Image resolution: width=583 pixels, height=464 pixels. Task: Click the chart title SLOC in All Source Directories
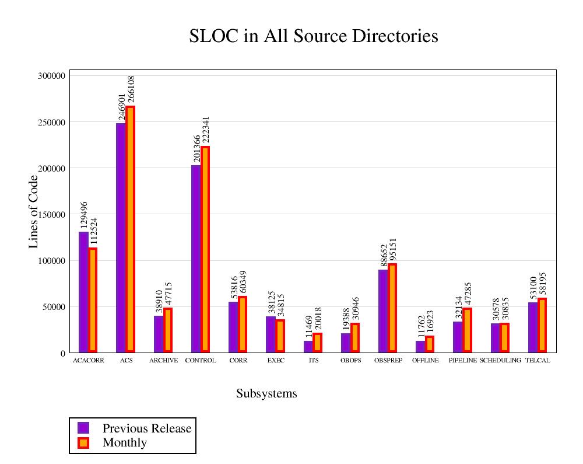[314, 36]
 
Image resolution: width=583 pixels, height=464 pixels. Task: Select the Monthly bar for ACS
[130, 229]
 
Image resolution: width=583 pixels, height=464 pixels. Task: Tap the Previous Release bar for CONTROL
[196, 259]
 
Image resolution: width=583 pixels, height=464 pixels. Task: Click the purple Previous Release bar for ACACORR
[83, 292]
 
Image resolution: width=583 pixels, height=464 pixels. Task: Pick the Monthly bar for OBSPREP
[392, 308]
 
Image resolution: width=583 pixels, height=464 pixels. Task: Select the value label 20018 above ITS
[318, 320]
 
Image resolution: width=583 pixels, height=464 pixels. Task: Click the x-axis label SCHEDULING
[500, 361]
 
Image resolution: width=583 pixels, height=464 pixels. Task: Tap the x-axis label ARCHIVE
[163, 361]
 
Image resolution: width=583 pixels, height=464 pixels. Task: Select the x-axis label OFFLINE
[425, 361]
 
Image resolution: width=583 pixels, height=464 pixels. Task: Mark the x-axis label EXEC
[276, 361]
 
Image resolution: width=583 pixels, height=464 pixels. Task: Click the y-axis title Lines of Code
[34, 211]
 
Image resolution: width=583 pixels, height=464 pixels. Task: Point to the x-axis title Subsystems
[266, 394]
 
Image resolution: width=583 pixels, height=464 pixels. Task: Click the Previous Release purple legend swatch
[83, 428]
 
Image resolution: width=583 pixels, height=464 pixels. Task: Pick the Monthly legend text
[125, 442]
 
